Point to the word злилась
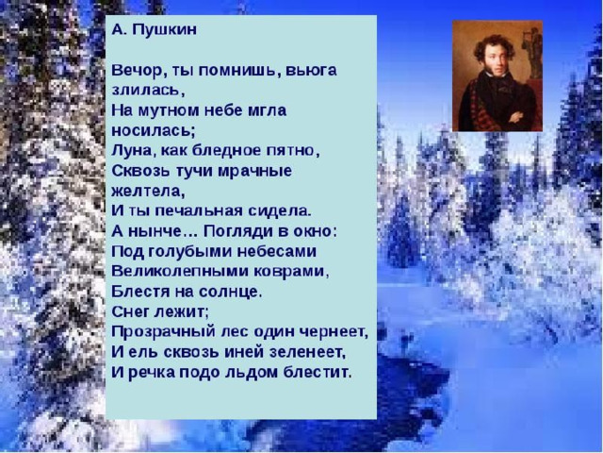pyautogui.click(x=146, y=90)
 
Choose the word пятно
pyautogui.click(x=291, y=151)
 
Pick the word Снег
pyautogui.click(x=130, y=311)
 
